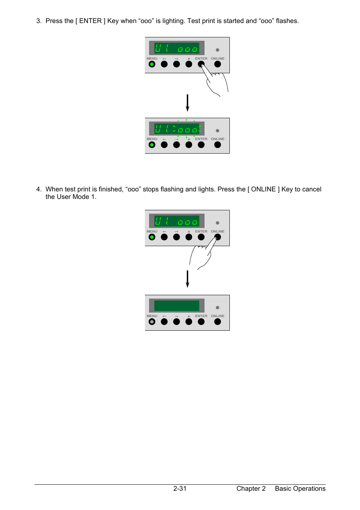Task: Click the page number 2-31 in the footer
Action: click(180, 488)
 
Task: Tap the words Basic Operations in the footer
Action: click(300, 488)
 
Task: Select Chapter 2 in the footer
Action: click(251, 488)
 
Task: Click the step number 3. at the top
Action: click(39, 21)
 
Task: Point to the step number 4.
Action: click(39, 190)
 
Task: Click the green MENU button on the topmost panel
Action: click(152, 64)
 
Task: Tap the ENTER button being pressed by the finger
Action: click(201, 64)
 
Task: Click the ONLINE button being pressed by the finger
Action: click(217, 237)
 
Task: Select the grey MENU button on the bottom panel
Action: click(152, 322)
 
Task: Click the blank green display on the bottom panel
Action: click(177, 306)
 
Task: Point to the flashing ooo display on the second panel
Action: click(188, 130)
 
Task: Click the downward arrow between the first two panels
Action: click(187, 103)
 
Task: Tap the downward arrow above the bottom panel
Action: click(187, 279)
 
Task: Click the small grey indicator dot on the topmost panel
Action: click(217, 50)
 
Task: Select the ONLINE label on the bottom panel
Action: click(217, 316)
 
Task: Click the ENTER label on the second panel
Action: click(201, 139)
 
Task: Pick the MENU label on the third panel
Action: click(152, 231)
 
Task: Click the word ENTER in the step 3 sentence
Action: click(90, 21)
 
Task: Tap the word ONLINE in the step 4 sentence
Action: click(263, 190)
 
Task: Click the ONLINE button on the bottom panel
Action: click(217, 322)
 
